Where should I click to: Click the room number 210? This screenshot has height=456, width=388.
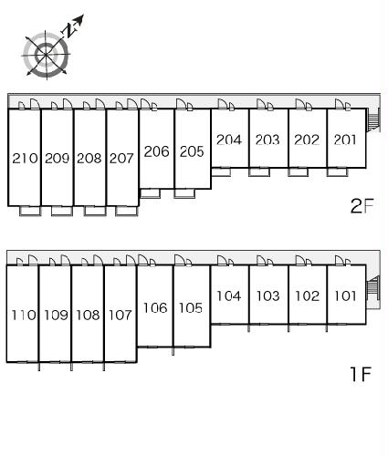(x=25, y=158)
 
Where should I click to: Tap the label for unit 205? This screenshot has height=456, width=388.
(x=192, y=151)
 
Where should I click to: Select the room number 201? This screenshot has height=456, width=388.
(x=345, y=140)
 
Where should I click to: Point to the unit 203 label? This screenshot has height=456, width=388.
(x=267, y=140)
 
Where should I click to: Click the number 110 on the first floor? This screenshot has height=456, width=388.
(x=24, y=315)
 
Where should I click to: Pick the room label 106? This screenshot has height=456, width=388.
(x=155, y=308)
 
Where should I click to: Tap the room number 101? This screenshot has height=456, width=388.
(x=345, y=295)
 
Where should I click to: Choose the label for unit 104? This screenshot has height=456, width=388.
(x=229, y=295)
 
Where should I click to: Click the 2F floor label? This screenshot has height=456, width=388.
(x=362, y=206)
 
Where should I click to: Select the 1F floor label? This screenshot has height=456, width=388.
(x=361, y=374)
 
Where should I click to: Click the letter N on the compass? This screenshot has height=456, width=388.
(x=69, y=30)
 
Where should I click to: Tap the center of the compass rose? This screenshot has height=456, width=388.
(x=46, y=55)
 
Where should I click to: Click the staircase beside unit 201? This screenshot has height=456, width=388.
(x=373, y=120)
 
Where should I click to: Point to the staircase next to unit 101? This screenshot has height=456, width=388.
(x=373, y=288)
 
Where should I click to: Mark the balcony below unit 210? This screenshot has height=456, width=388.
(x=30, y=211)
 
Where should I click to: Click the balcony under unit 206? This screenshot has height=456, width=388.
(x=151, y=193)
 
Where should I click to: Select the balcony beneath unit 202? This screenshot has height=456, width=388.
(x=298, y=171)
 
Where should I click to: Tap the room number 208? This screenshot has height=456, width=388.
(x=89, y=158)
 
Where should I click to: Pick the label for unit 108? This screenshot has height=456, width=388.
(x=88, y=315)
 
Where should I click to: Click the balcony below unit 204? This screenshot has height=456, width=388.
(x=221, y=171)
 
